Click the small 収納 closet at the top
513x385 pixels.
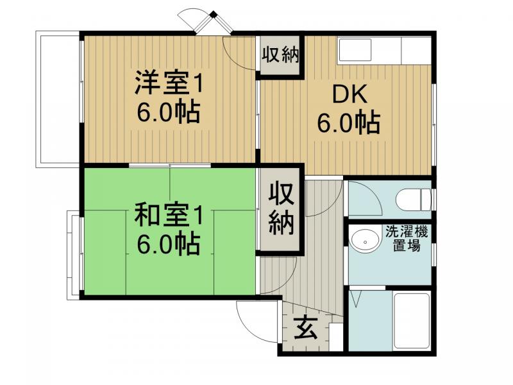pos(280,55)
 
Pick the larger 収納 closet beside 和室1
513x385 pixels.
pos(280,209)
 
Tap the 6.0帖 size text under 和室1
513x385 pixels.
pos(168,244)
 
